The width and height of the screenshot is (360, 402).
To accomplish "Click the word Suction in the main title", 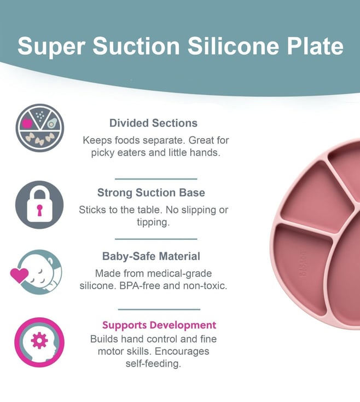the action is pyautogui.click(x=136, y=45).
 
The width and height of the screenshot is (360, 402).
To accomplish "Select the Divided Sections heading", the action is pyautogui.click(x=153, y=123).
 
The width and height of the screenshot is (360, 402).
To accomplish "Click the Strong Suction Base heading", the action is pyautogui.click(x=151, y=193).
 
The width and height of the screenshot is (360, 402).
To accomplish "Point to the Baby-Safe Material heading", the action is pyautogui.click(x=151, y=256).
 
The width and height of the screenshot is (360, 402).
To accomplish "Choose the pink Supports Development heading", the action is pyautogui.click(x=159, y=325).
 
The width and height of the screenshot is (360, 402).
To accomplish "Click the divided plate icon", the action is pyautogui.click(x=40, y=128).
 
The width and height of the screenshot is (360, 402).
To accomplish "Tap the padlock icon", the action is pyautogui.click(x=39, y=205).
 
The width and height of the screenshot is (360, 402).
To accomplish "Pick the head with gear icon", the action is pyautogui.click(x=39, y=342).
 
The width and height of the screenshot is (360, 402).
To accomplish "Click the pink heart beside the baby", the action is pyautogui.click(x=19, y=275).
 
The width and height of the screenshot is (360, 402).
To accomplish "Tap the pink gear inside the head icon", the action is pyautogui.click(x=39, y=341).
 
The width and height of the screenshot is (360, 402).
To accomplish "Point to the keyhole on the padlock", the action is pyautogui.click(x=39, y=210).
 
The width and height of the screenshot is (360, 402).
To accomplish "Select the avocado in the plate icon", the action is pyautogui.click(x=51, y=124).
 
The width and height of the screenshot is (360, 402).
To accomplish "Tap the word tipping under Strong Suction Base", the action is pyautogui.click(x=153, y=222).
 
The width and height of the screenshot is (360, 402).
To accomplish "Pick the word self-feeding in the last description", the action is pyautogui.click(x=153, y=364).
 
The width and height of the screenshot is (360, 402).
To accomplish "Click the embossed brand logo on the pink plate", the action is pyautogui.click(x=303, y=263).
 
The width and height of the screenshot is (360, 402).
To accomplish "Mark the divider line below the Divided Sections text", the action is pyautogui.click(x=156, y=179).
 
